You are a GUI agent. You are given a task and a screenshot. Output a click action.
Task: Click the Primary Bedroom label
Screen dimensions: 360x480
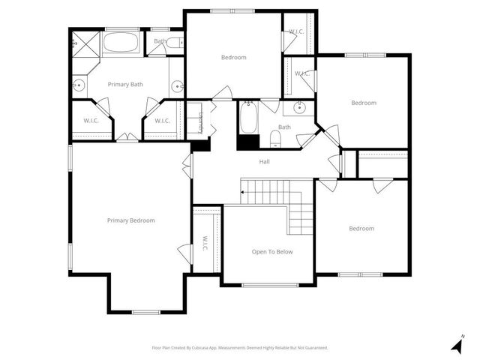(x=130, y=220)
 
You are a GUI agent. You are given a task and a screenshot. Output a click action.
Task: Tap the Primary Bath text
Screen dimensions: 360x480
(x=125, y=85)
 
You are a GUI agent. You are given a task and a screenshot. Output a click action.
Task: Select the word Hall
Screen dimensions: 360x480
(x=264, y=161)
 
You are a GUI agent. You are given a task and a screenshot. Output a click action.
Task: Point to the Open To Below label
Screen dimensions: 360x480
(x=272, y=251)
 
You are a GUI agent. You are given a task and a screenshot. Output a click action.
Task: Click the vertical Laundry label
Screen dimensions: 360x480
(x=200, y=122)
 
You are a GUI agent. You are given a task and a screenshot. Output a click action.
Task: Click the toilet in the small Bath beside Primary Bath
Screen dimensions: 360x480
(x=175, y=43)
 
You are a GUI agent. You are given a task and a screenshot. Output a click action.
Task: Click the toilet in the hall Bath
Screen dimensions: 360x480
(x=275, y=139)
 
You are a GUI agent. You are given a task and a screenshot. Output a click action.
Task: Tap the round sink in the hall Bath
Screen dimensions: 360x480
(x=299, y=106)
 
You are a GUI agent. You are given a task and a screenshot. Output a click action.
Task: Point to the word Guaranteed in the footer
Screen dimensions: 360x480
(x=314, y=348)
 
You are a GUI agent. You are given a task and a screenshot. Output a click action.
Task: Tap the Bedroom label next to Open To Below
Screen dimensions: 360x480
(x=361, y=229)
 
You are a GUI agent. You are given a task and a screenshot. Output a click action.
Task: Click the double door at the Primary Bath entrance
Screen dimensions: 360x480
(x=127, y=137)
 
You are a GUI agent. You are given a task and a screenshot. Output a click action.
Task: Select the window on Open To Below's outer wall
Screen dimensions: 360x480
(x=268, y=285)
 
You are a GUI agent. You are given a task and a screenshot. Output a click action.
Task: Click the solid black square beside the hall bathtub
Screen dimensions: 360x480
(x=247, y=142)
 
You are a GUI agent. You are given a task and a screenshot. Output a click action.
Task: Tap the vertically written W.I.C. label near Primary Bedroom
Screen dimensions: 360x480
(x=205, y=244)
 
